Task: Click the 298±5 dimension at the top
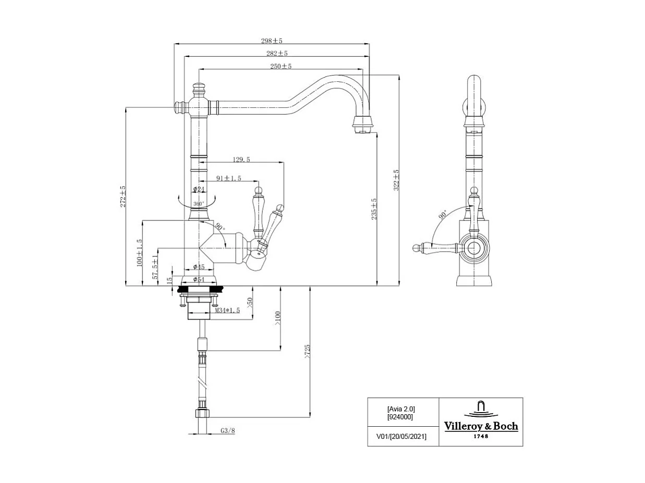point(271,41)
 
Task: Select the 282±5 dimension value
point(277,53)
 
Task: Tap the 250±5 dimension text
point(281,66)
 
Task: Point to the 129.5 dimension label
point(241,159)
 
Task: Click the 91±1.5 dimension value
point(229,178)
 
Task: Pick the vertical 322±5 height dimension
point(396,180)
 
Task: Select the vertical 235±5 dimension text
point(374,208)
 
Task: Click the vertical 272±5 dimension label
point(123,196)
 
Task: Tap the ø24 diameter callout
point(199,189)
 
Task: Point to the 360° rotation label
point(199,204)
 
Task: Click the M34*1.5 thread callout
point(227,310)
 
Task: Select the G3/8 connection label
point(228,431)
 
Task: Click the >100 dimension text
point(277,318)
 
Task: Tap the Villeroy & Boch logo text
point(481,426)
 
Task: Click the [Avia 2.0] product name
point(401,409)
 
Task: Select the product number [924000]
point(400,417)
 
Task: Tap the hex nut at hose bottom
point(202,414)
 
